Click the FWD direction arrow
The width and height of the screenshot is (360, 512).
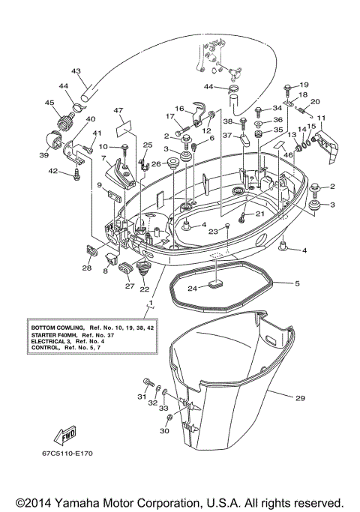point(64,434)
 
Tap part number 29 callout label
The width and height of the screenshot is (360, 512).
point(300,398)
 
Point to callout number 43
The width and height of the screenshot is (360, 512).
point(76,71)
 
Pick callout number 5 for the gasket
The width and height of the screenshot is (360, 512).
point(297,283)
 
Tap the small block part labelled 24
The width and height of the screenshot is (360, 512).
point(216,283)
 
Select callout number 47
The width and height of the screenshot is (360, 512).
point(118,111)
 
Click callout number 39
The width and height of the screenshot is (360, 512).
point(45,155)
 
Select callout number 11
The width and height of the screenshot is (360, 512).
point(321,118)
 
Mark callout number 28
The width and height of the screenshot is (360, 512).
point(87,268)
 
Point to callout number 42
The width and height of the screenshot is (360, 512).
point(52,172)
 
